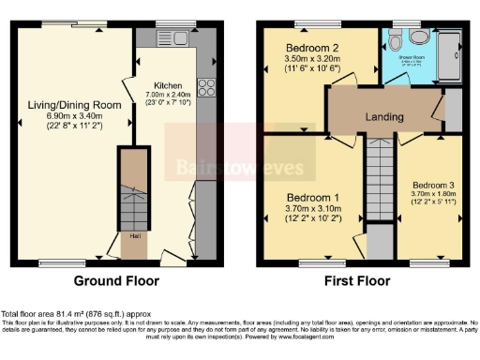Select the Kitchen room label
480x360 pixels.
pyautogui.click(x=170, y=86)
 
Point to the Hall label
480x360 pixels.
pyautogui.click(x=135, y=236)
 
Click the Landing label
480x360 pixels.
pyautogui.click(x=385, y=117)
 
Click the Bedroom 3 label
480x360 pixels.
pyautogui.click(x=433, y=184)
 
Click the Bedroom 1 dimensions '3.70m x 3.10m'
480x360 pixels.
pyautogui.click(x=311, y=210)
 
